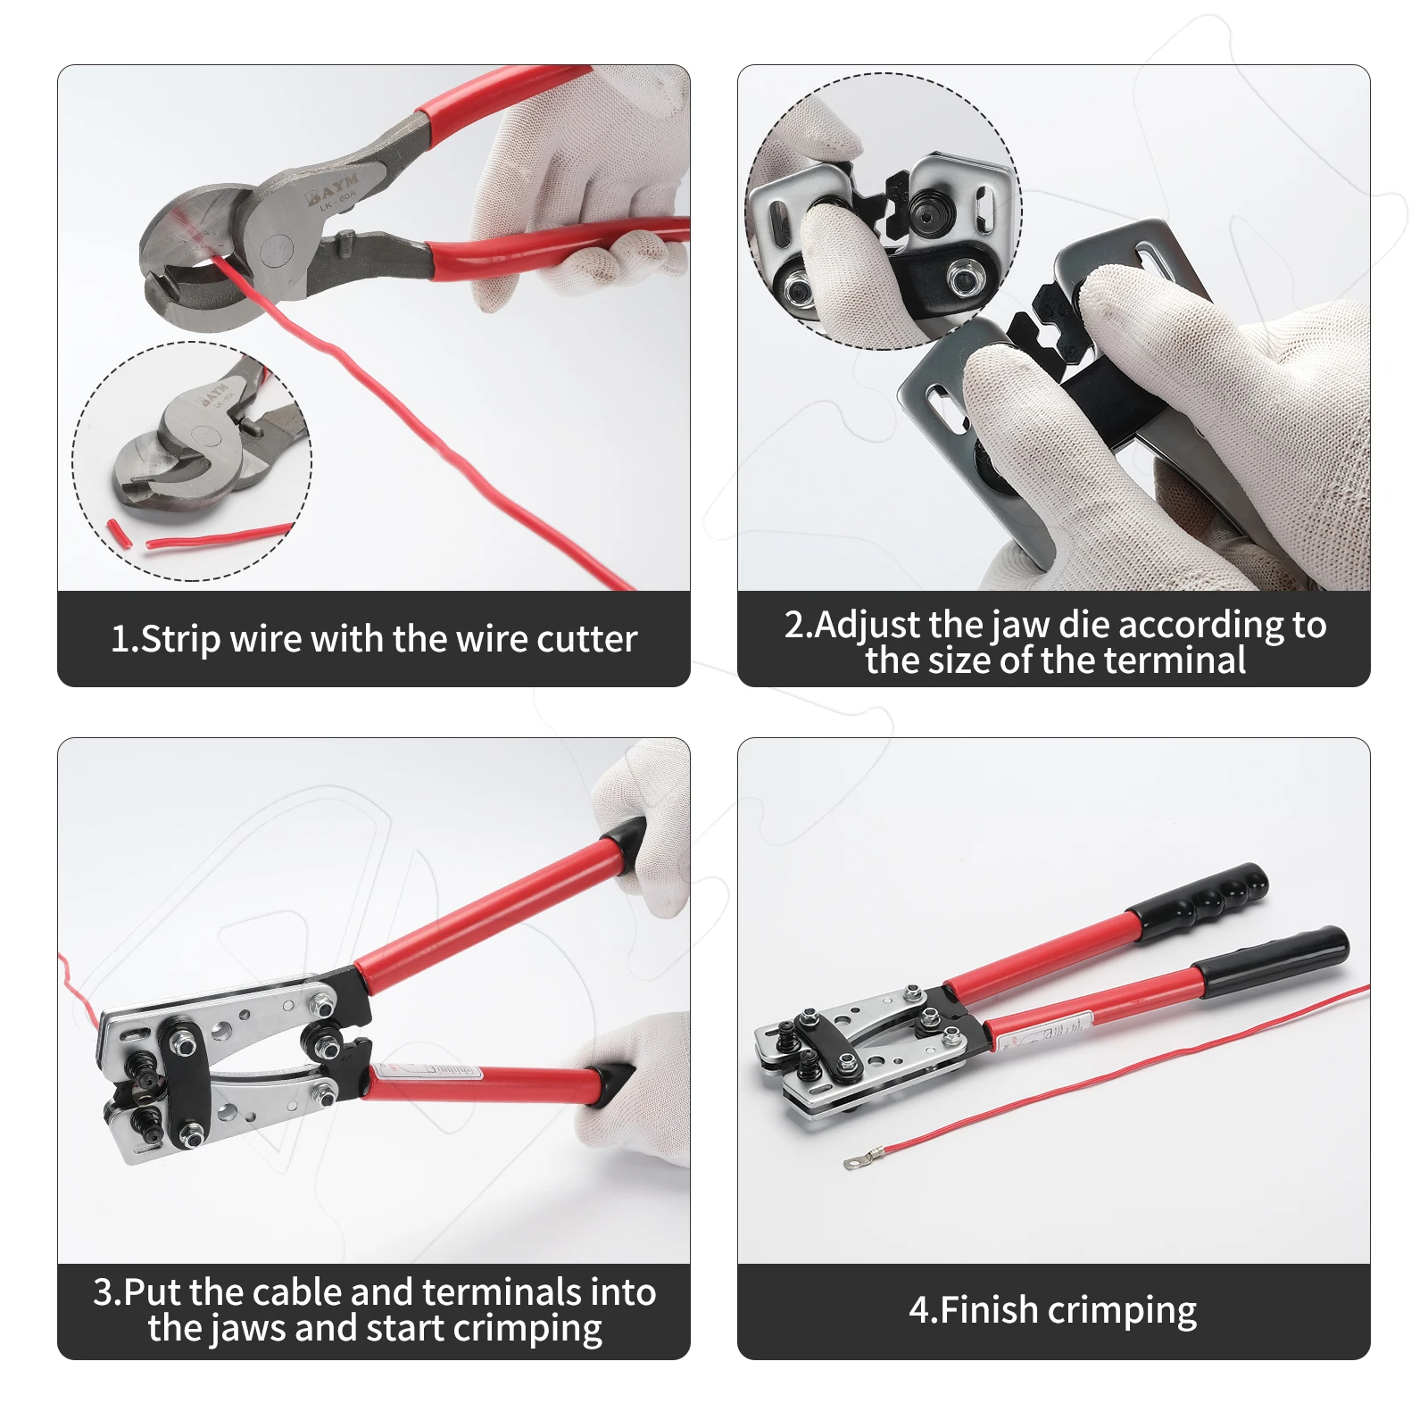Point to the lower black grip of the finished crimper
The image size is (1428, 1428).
click(x=1271, y=960)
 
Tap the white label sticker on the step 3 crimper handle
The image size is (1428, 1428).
click(x=434, y=1069)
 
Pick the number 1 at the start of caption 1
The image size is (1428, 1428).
click(x=120, y=640)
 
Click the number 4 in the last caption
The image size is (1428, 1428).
click(x=919, y=1310)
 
